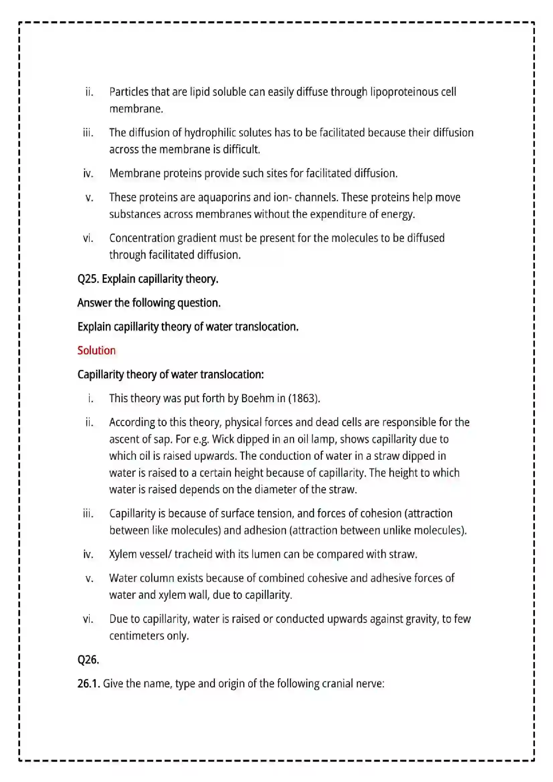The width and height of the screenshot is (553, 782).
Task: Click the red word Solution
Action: click(96, 350)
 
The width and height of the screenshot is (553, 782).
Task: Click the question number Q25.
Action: click(88, 279)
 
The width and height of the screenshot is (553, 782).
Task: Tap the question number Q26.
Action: click(88, 660)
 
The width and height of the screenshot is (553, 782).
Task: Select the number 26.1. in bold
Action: click(89, 684)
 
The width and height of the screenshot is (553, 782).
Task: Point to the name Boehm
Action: click(258, 398)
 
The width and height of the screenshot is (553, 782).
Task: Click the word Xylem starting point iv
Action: click(123, 554)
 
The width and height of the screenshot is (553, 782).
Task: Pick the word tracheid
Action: click(193, 554)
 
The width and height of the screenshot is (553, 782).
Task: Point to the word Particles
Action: click(128, 92)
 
